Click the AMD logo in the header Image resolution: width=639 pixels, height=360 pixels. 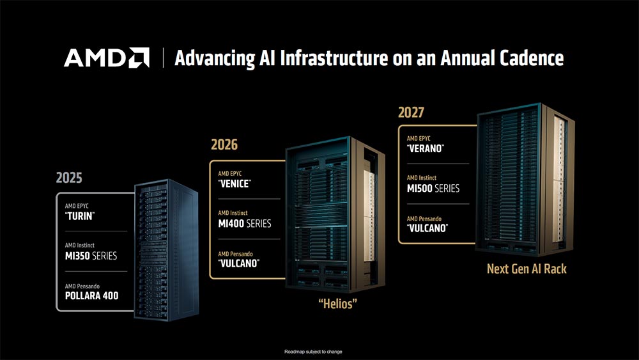click(106, 58)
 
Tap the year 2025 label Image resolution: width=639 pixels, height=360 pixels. click(69, 178)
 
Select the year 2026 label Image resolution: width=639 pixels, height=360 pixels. click(224, 145)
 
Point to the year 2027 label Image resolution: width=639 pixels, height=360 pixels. click(411, 112)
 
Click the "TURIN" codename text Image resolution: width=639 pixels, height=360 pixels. click(79, 216)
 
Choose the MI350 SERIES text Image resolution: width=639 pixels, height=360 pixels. click(91, 256)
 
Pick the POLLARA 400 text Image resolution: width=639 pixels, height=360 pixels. click(91, 295)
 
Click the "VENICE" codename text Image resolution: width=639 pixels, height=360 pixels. click(235, 184)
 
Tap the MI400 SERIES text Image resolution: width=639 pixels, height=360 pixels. click(245, 223)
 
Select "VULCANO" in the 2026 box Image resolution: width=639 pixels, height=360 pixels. click(239, 263)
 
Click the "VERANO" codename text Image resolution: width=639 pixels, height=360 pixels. click(426, 148)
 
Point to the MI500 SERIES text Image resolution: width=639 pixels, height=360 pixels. click(433, 189)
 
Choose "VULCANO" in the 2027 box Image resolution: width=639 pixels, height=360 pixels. click(427, 228)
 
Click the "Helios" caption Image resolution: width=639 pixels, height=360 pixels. click(337, 304)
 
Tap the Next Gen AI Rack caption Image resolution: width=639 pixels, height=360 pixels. click(527, 269)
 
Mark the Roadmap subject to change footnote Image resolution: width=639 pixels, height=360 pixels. click(313, 352)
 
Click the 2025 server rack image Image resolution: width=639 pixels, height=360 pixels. click(166, 250)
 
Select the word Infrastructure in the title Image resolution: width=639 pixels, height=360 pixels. click(334, 58)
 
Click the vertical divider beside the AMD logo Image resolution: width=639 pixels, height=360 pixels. click(163, 58)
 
